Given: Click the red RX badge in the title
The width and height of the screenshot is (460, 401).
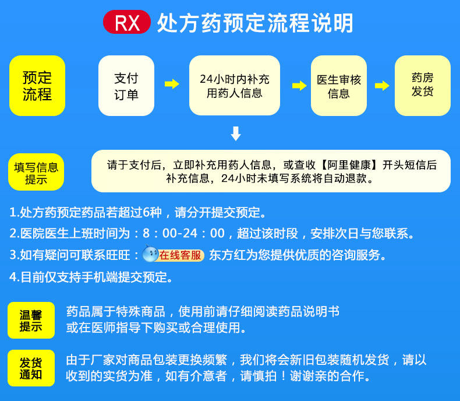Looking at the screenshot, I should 127,23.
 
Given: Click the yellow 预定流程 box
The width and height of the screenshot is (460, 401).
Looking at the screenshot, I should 37,86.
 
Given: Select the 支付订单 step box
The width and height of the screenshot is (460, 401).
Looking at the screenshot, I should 126,86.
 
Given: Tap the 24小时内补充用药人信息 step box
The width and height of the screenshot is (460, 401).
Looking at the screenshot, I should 234,86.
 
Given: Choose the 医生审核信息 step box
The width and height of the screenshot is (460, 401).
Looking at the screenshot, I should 338,86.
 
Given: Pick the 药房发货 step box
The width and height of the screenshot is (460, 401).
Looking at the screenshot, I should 422,86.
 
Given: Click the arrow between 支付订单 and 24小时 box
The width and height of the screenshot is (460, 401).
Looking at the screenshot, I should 172,85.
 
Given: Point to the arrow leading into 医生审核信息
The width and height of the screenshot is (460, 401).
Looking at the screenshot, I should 299,86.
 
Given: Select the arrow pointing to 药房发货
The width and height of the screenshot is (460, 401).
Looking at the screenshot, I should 382,86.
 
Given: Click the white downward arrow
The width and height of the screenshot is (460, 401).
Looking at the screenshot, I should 235,133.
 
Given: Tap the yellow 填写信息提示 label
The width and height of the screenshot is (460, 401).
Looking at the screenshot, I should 36,173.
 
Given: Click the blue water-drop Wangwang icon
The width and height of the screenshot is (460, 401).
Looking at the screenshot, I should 150,254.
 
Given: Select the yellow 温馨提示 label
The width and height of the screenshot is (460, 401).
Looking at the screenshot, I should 31,320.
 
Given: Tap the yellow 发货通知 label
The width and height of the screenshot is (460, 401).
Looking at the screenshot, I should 31,368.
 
